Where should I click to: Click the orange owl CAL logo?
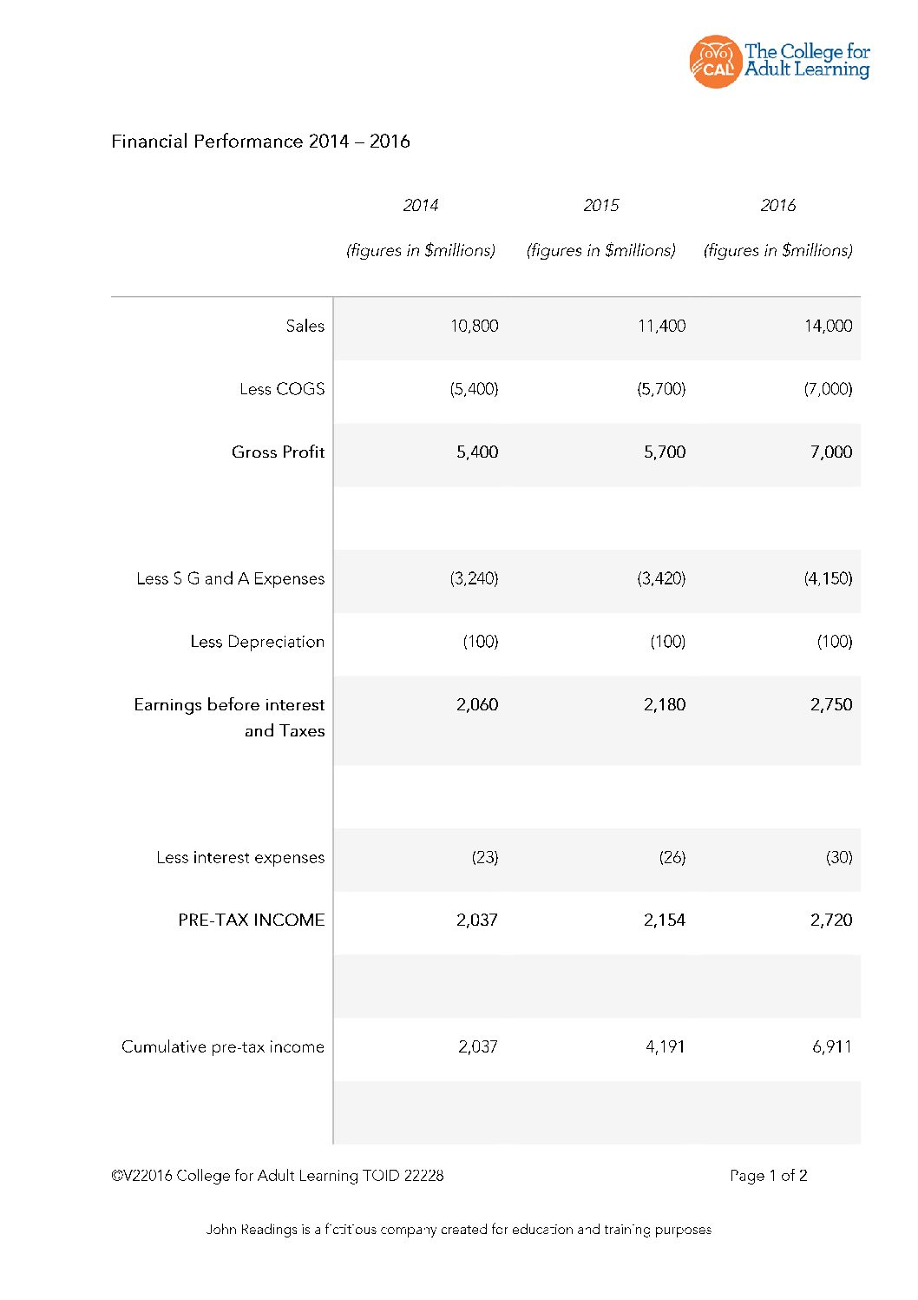[715, 62]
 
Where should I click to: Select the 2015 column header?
[601, 206]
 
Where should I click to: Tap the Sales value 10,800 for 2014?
[474, 327]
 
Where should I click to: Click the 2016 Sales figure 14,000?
[828, 327]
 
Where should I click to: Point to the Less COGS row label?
[282, 389]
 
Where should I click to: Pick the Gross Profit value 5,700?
[664, 452]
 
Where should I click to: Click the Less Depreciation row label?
[257, 642]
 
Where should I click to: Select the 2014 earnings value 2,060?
[477, 705]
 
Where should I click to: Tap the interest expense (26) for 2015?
[672, 858]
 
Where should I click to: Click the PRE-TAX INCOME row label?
[251, 921]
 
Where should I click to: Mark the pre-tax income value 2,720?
[830, 921]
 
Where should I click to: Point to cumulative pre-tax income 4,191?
[665, 1047]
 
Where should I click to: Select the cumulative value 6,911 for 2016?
[831, 1047]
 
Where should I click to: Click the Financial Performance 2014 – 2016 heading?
[260, 142]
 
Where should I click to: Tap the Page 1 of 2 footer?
[768, 1176]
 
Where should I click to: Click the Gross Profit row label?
[278, 452]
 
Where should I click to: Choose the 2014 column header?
[421, 206]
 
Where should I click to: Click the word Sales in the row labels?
[305, 327]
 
